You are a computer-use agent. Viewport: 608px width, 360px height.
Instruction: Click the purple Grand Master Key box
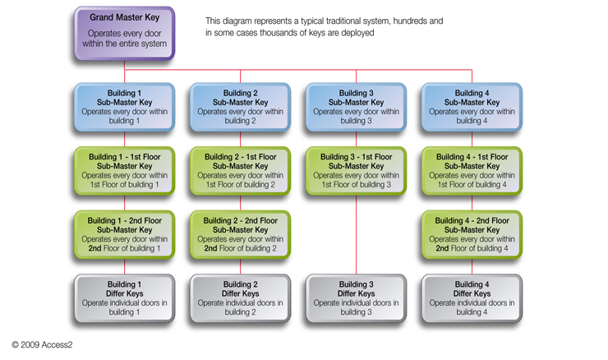tap(124, 33)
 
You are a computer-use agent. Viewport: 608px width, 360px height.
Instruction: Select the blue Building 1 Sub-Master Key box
tap(124, 107)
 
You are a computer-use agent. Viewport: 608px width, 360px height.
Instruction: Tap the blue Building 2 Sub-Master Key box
tap(240, 107)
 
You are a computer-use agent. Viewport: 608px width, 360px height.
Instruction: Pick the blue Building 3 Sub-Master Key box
tap(356, 107)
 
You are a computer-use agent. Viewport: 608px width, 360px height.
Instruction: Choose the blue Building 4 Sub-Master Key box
tap(472, 107)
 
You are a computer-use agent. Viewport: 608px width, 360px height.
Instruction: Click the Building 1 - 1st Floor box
tap(124, 171)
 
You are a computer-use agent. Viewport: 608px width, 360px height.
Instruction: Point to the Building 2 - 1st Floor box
tap(240, 171)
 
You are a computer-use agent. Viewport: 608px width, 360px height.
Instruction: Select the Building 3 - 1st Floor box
tap(356, 171)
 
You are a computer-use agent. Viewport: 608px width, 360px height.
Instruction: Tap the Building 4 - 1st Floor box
tap(472, 171)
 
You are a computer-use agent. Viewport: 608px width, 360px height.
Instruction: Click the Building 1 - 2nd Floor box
tap(124, 234)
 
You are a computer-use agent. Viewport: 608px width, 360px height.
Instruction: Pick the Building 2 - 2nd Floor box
tap(240, 234)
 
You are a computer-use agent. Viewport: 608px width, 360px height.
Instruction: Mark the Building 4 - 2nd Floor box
tap(472, 234)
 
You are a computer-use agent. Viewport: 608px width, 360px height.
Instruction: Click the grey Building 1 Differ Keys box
tap(124, 298)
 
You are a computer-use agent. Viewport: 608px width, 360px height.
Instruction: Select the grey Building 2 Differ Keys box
tap(240, 298)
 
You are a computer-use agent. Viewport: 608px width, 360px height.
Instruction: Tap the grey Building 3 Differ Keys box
tap(356, 298)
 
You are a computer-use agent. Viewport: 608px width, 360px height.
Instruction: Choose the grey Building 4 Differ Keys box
tap(472, 298)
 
